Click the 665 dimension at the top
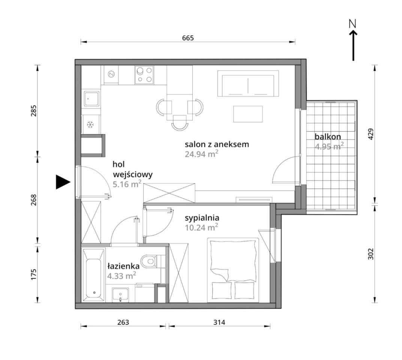pos(188,38)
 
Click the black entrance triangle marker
pos(63,182)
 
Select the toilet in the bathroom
pos(150,261)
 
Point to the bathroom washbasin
pos(120,295)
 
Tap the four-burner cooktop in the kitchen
pos(144,75)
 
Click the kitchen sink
pos(91,99)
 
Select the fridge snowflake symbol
pos(90,124)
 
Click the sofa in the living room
pos(248,84)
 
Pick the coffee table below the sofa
pos(248,114)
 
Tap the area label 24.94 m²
pos(201,154)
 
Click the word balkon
pos(328,136)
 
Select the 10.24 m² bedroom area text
pos(201,227)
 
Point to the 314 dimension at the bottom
pos(219,322)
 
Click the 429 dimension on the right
pos(371,134)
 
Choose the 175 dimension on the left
pos(34,274)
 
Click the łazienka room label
pos(123,266)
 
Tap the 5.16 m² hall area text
pos(127,184)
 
